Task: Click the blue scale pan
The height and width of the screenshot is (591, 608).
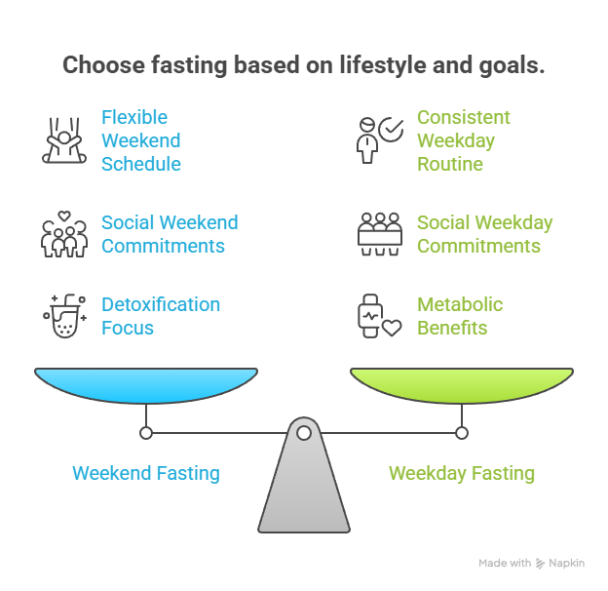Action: coord(146,385)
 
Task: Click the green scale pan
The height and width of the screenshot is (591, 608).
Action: coord(461,385)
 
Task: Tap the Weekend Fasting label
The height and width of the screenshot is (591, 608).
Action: coord(146,474)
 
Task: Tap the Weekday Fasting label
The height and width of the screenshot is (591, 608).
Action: coord(461,474)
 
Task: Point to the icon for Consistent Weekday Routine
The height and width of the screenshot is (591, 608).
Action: coord(378,139)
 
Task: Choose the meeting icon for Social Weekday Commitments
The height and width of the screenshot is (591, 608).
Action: coord(380,234)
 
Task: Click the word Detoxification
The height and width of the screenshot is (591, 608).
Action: coord(161,304)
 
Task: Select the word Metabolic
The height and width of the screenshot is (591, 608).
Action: coord(460,304)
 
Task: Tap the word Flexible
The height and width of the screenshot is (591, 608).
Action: coord(134,117)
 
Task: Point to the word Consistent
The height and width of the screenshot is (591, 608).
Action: coord(464,117)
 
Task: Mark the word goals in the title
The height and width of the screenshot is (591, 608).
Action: coord(512,66)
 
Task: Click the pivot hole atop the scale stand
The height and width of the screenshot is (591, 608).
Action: coord(304,432)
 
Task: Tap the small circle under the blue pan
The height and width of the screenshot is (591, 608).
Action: coord(146,432)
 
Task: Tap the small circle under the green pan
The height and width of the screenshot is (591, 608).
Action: coord(462,432)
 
